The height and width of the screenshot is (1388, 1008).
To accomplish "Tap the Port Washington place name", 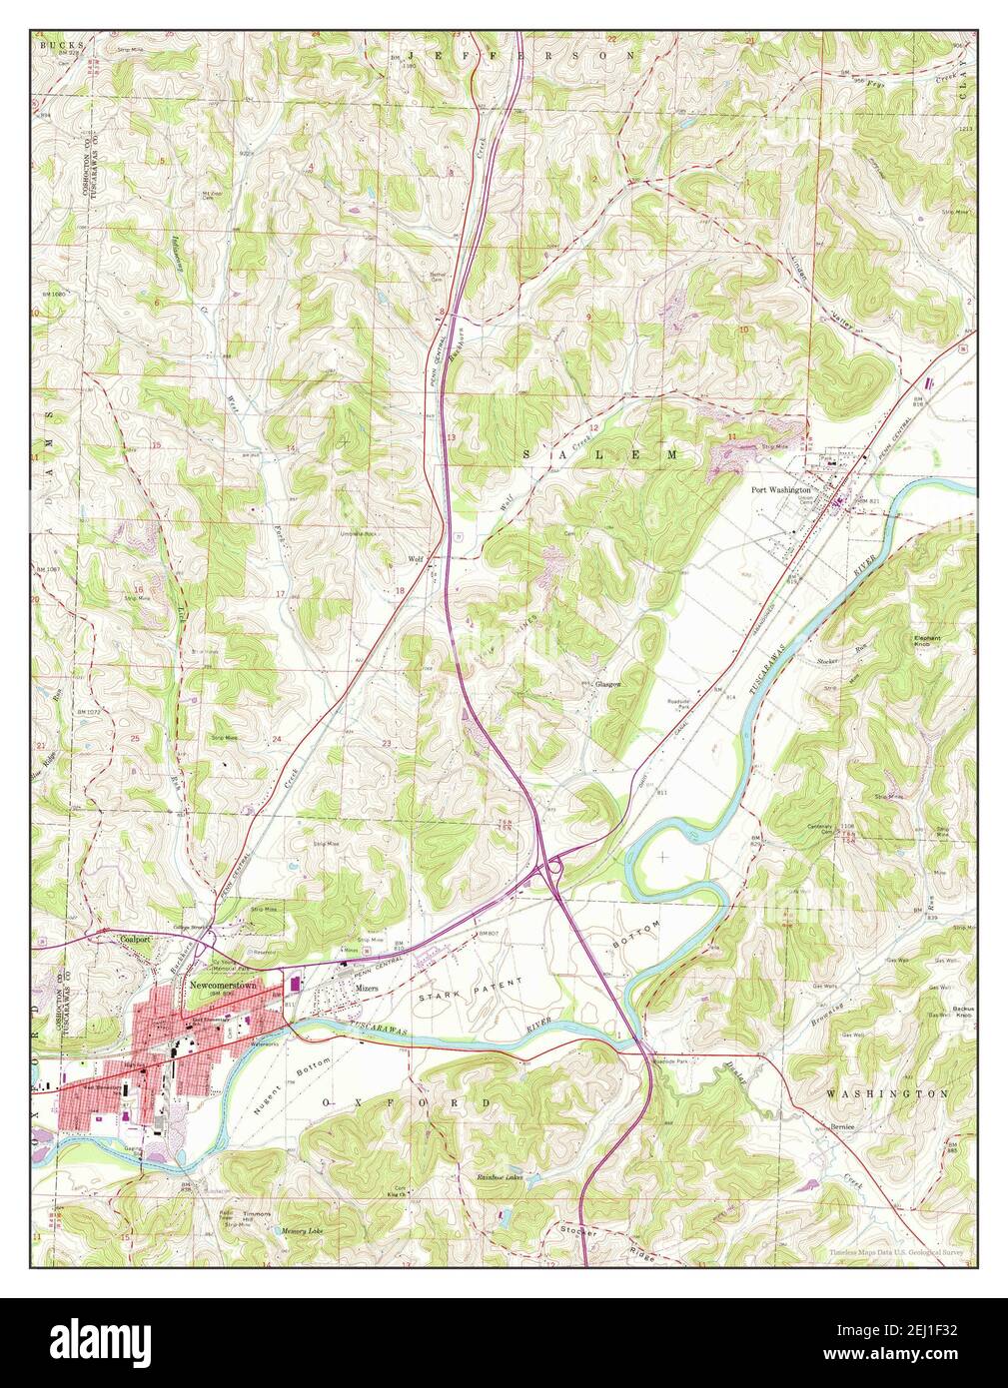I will (x=781, y=490).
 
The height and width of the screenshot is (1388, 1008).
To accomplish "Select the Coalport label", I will (x=134, y=940).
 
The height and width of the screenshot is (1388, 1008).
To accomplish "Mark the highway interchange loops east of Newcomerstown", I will (x=548, y=870).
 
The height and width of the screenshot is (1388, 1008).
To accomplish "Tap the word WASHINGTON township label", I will (x=887, y=1094).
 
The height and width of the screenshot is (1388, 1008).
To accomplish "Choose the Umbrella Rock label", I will (x=361, y=534).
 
